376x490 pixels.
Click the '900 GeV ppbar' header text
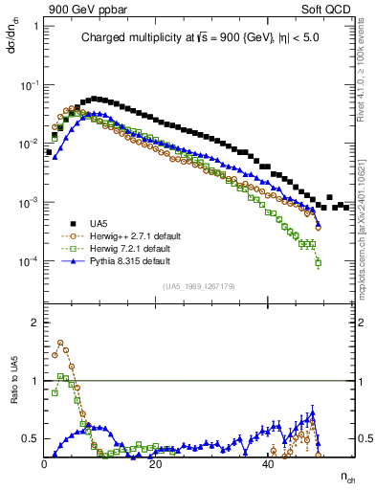[x=80, y=8]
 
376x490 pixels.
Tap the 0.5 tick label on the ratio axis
[x=31, y=438]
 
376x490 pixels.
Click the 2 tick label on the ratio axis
[x=34, y=323]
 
